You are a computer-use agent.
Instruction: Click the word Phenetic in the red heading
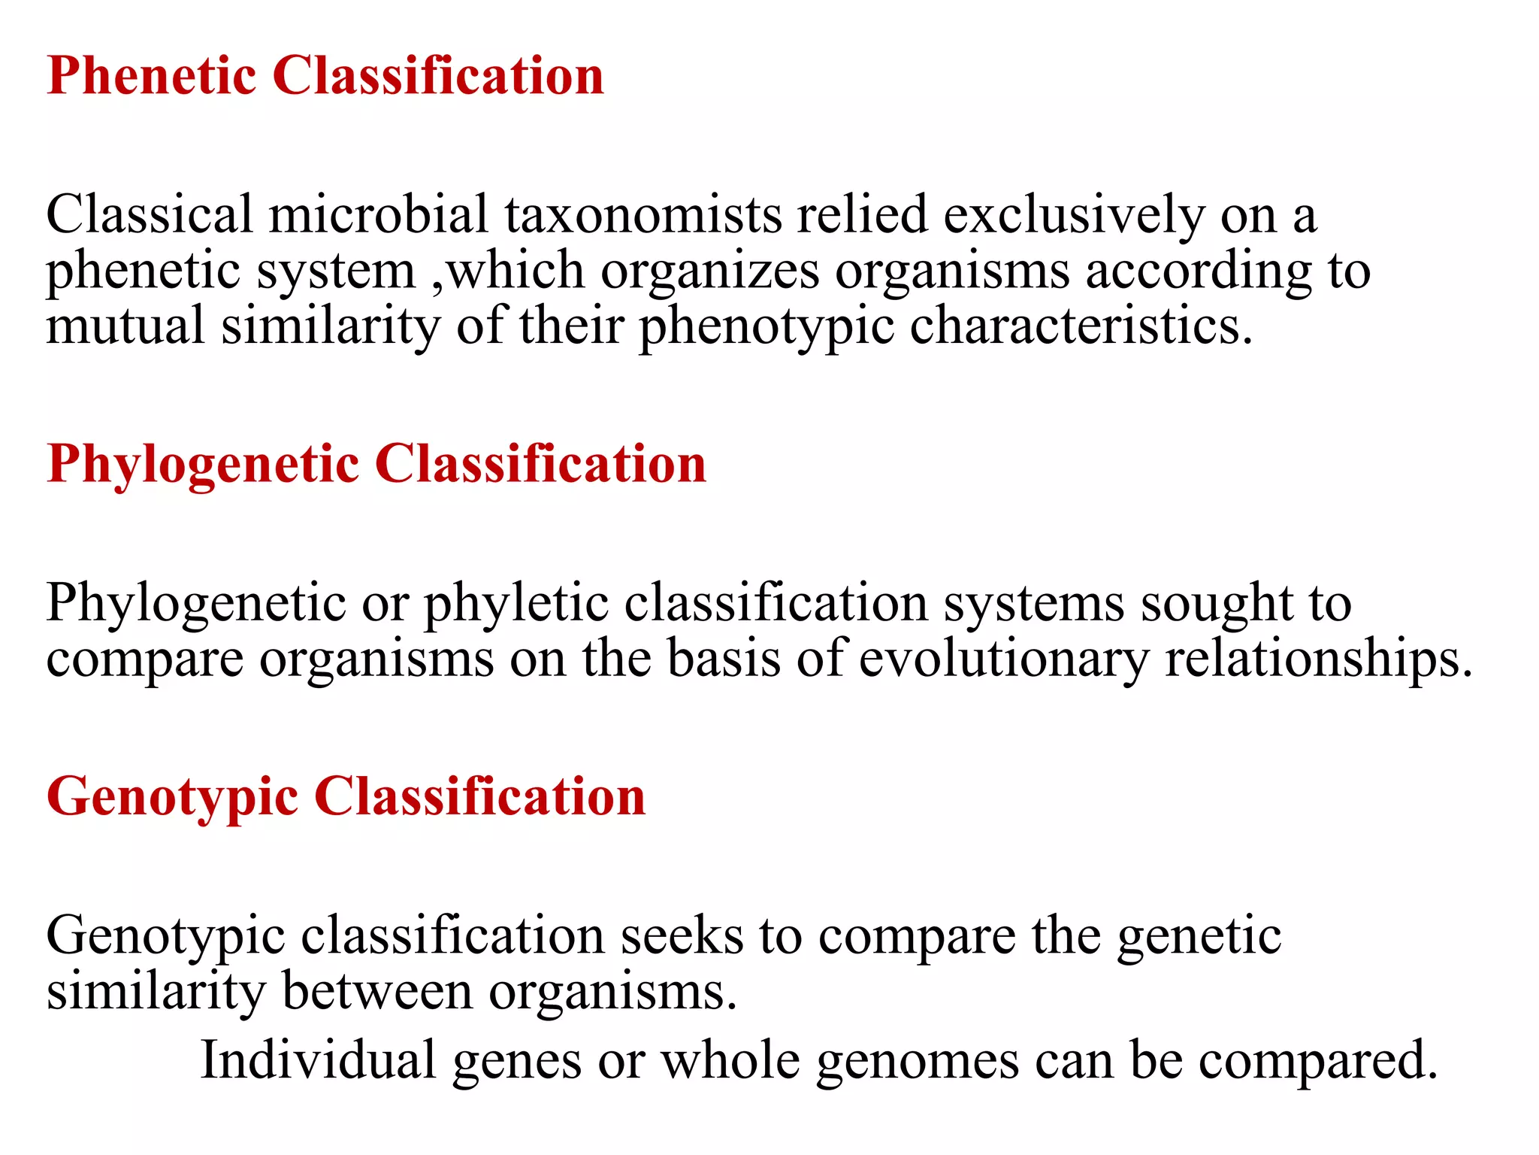point(151,76)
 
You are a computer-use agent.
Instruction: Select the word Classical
point(150,215)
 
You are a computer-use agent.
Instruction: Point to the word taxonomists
point(643,215)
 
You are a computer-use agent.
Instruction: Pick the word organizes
point(709,271)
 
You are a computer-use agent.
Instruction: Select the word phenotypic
point(766,328)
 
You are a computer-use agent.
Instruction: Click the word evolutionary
point(1003,659)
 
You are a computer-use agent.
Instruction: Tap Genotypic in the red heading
point(172,798)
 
